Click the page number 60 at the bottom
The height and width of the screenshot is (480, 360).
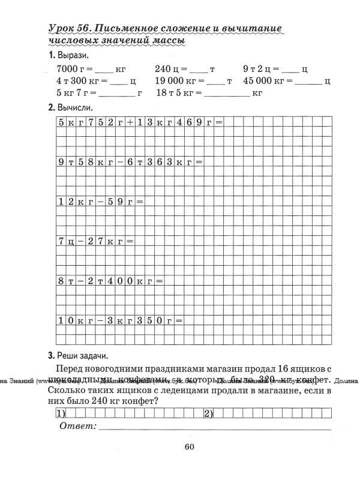[x=189, y=446]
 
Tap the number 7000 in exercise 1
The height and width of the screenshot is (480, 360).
[x=67, y=69]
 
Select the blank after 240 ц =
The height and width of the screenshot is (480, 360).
[x=199, y=69]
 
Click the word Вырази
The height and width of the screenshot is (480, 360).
[x=73, y=55]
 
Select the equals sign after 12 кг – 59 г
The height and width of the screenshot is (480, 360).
[x=140, y=202]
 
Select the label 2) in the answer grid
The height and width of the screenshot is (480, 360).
[x=209, y=413]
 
